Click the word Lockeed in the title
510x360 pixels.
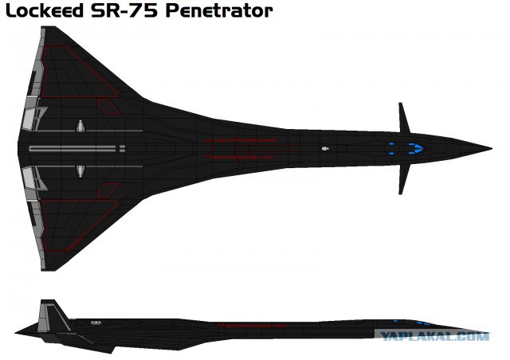(x=45, y=10)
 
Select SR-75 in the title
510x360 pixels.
(x=124, y=10)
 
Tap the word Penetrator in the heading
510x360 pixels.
(x=219, y=10)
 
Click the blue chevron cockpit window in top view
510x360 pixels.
(x=416, y=148)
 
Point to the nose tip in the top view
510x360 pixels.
(x=491, y=149)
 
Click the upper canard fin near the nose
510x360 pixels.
(x=404, y=118)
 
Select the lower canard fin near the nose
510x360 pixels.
(x=403, y=179)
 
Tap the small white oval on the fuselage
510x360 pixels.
(x=325, y=149)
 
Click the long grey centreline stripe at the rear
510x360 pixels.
(x=73, y=149)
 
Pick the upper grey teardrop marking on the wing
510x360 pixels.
(x=80, y=126)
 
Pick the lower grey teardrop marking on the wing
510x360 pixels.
(x=80, y=171)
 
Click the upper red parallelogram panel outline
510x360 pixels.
(x=108, y=107)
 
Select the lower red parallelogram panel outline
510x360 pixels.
(x=108, y=190)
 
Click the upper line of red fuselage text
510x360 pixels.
(x=241, y=140)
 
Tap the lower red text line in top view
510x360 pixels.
(x=239, y=157)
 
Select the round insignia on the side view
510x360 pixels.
(x=96, y=323)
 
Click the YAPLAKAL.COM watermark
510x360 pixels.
(x=434, y=336)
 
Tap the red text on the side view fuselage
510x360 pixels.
(x=253, y=325)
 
